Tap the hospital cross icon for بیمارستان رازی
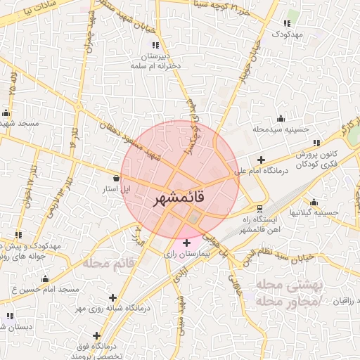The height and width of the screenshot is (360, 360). pyautogui.click(x=186, y=243)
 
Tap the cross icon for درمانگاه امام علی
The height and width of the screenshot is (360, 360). pyautogui.click(x=262, y=160)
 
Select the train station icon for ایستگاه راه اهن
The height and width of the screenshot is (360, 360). pyautogui.click(x=260, y=209)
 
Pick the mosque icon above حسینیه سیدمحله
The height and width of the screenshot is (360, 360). pyautogui.click(x=281, y=118)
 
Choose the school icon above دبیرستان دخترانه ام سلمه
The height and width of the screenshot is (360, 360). pyautogui.click(x=155, y=45)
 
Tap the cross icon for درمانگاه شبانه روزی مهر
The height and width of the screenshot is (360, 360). pyautogui.click(x=112, y=298)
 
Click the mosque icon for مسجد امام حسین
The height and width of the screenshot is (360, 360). pyautogui.click(x=46, y=278)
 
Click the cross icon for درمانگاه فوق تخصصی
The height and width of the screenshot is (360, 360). pyautogui.click(x=96, y=335)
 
